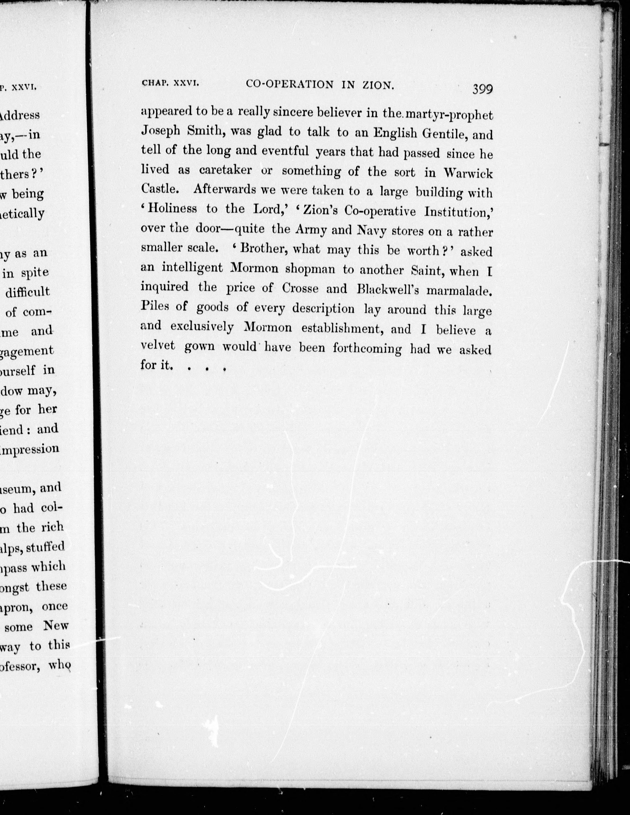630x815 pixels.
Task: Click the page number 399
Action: [x=483, y=89]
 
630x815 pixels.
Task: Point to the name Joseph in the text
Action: [x=160, y=131]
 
